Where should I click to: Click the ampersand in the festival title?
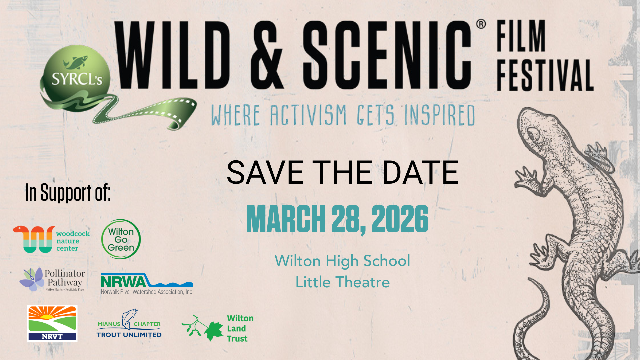click(266, 55)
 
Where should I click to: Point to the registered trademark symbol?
click(481, 24)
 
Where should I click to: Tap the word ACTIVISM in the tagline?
click(309, 115)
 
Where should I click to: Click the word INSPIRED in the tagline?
click(440, 115)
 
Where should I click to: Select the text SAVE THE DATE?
click(343, 172)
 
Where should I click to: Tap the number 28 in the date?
click(348, 219)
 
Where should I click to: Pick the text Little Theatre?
click(343, 282)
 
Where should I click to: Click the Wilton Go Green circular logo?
click(121, 239)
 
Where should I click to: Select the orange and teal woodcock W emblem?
click(34, 239)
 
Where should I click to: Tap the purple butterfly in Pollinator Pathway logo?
click(32, 279)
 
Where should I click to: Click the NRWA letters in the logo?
click(123, 282)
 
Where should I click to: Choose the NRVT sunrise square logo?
click(52, 323)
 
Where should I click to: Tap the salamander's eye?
click(533, 135)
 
